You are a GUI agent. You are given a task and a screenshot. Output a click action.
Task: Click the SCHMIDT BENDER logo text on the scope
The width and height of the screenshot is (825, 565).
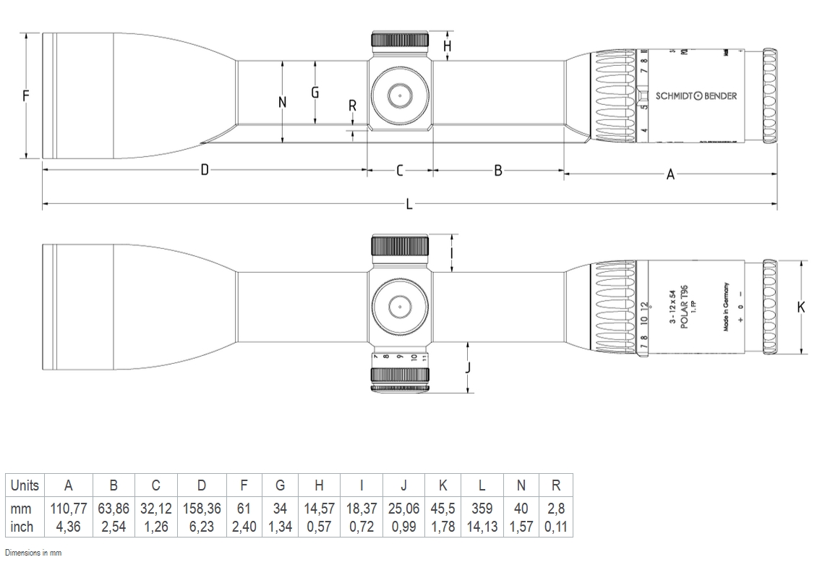click(696, 95)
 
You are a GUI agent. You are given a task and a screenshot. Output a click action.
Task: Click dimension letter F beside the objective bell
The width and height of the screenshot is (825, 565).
click(26, 95)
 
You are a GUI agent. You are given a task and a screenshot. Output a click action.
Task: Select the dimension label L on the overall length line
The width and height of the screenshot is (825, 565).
click(409, 205)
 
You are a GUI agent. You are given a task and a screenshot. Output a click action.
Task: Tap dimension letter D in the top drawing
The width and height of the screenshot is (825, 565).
click(205, 170)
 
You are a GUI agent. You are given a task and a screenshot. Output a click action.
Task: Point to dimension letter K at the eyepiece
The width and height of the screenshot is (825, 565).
click(801, 307)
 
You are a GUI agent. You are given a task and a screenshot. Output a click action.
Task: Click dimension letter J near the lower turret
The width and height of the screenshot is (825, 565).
click(468, 367)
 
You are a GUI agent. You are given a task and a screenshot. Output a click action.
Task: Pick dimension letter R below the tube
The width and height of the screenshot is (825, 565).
click(352, 106)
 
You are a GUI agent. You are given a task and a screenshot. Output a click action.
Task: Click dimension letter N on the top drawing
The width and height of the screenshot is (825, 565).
click(283, 102)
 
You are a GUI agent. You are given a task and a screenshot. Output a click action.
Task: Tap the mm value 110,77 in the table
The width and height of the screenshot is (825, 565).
click(69, 509)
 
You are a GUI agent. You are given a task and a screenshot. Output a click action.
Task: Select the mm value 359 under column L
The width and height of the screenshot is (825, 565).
click(481, 509)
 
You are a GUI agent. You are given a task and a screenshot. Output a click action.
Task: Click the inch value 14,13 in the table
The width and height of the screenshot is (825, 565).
click(481, 527)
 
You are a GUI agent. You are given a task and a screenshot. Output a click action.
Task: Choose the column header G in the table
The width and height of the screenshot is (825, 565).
click(280, 485)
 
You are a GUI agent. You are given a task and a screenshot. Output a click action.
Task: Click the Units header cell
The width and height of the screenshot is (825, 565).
click(25, 485)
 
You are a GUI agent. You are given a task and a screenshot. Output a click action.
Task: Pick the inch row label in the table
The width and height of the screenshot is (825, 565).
click(22, 527)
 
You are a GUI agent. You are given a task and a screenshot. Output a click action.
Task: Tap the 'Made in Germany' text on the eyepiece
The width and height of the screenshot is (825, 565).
click(726, 307)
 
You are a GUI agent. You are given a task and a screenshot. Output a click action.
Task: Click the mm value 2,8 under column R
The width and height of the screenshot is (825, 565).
click(556, 509)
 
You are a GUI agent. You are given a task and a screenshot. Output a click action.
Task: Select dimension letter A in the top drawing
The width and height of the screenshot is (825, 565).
click(670, 174)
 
